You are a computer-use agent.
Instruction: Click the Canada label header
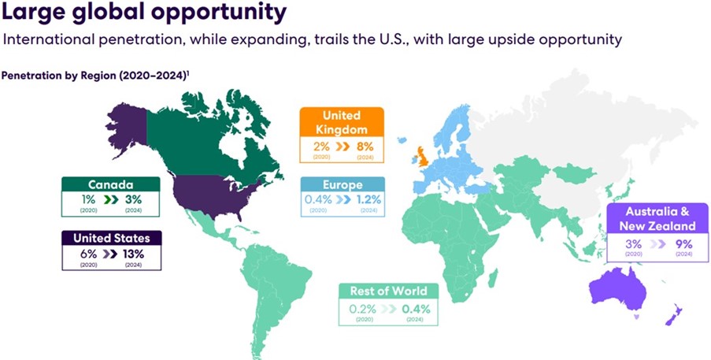point(111,184)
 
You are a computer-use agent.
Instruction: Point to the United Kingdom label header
point(342,122)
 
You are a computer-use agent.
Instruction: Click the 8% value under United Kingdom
point(365,147)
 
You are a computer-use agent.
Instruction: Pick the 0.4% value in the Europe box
point(318,199)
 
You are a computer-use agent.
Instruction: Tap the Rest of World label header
point(389,291)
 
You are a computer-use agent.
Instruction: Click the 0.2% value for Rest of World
point(362,310)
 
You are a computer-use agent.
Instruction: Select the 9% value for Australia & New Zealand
point(683,244)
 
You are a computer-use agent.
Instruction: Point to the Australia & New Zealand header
point(657,218)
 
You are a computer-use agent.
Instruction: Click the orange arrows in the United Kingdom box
point(343,147)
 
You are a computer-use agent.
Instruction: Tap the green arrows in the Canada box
point(111,199)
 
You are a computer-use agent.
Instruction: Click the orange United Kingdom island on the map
point(424,158)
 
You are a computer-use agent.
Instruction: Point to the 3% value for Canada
point(134,199)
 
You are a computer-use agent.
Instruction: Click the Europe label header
point(343,184)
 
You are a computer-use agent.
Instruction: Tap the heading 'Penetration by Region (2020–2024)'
point(95,76)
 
